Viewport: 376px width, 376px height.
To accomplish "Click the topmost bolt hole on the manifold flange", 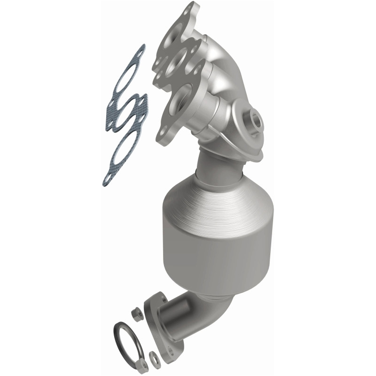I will coord(191,8).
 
